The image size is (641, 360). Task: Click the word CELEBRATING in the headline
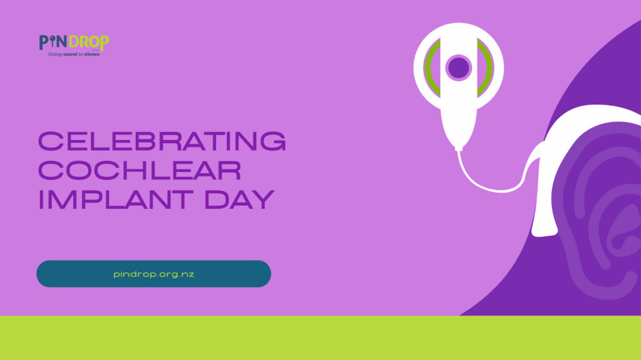tap(162, 141)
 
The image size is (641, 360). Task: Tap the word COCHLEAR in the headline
tap(140, 171)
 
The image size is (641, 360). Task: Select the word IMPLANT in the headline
tap(116, 199)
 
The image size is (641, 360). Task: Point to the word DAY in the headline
tap(240, 199)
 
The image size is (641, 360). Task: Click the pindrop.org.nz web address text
tap(154, 274)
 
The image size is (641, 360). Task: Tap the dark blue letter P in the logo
tap(44, 42)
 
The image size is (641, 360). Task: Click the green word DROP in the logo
tap(89, 42)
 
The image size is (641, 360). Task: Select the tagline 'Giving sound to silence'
tap(74, 54)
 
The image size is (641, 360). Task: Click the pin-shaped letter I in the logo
tap(53, 42)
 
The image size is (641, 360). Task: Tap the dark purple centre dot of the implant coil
tap(459, 67)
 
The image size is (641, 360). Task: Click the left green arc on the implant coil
tap(431, 67)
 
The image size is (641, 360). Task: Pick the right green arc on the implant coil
tap(486, 67)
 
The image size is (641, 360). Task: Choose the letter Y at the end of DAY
tap(264, 199)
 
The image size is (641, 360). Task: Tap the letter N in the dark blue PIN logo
tap(62, 42)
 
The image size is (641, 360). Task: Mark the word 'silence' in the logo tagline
tap(92, 54)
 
